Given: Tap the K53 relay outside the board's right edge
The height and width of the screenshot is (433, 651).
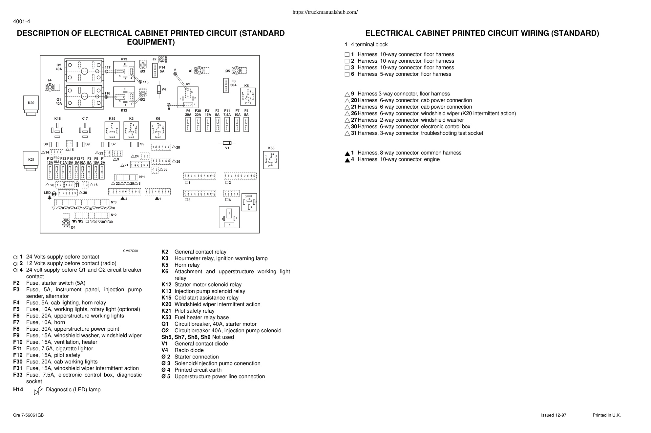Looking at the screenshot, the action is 271,160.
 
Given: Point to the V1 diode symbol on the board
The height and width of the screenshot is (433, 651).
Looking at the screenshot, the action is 227,143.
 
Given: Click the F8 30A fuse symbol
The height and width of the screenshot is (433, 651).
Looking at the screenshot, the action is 226,85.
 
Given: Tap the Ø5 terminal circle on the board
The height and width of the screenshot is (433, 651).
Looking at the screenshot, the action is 236,71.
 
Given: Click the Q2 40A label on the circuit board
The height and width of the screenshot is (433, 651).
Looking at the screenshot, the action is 59,67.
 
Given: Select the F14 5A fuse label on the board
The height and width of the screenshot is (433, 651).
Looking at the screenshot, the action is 162,69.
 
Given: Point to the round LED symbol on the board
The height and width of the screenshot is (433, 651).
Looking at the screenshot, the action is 54,194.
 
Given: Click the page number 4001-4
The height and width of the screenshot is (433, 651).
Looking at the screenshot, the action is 22,22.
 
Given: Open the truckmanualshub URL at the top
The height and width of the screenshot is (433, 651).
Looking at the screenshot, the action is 325,12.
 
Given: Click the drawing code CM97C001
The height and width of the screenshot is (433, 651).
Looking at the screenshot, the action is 131,251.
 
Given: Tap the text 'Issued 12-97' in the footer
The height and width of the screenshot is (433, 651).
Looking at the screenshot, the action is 554,415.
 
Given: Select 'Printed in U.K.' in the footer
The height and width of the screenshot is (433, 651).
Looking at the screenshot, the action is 607,415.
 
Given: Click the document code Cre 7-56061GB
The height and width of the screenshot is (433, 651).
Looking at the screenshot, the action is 28,415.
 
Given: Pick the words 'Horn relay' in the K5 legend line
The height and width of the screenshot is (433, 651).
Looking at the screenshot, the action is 187,265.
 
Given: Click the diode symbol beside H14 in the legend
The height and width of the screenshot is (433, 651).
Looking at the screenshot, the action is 37,390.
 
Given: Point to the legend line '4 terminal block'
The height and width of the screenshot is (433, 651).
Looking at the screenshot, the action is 369,45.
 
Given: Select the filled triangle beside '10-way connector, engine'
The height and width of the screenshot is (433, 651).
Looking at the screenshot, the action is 347,160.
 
